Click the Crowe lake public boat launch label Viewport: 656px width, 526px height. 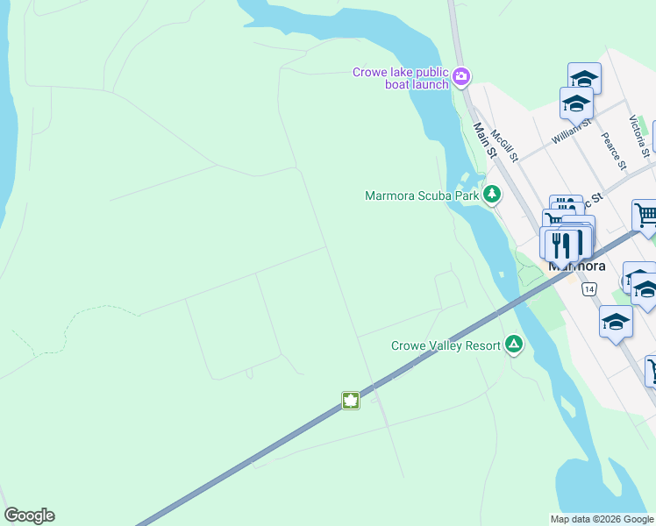[401, 78]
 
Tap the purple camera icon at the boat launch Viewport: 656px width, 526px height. [462, 78]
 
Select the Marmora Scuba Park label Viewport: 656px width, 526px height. [422, 195]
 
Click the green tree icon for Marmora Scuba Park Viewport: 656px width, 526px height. [492, 194]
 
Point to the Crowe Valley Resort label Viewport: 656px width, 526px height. [446, 345]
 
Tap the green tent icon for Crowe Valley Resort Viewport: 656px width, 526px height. [514, 345]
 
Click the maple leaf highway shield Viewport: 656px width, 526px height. [351, 401]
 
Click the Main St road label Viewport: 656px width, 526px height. [485, 141]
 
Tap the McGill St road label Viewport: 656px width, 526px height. [504, 146]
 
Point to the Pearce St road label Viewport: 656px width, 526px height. [613, 151]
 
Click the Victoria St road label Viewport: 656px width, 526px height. [639, 135]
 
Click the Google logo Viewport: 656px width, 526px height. [29, 515]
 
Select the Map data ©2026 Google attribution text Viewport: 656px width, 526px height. [602, 519]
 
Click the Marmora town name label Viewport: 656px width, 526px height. [576, 266]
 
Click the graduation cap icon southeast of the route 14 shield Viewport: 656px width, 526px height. [616, 322]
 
